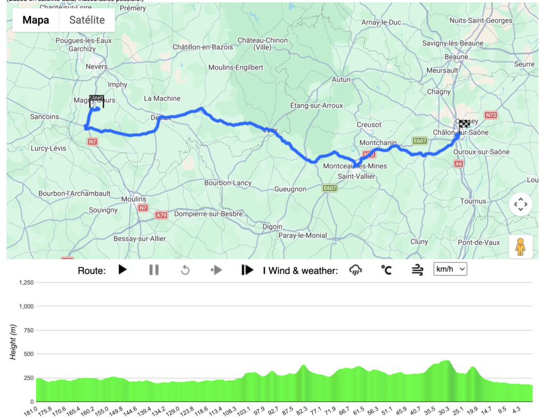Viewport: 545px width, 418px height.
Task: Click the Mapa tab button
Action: (x=36, y=20)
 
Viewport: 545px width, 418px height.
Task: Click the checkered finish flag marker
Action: (x=464, y=124)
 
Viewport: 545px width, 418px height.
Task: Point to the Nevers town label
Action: (x=97, y=66)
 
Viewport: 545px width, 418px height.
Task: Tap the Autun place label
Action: (x=341, y=80)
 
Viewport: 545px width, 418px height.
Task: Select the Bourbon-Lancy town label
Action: (x=228, y=182)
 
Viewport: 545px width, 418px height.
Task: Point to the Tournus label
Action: (x=473, y=201)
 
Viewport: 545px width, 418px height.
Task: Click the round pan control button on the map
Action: (x=520, y=204)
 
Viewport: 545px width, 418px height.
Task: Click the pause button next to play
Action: (x=154, y=270)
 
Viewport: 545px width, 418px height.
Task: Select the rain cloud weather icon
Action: (x=356, y=270)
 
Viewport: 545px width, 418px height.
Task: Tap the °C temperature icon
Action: (x=386, y=270)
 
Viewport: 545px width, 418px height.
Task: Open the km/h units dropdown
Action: (x=450, y=269)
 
